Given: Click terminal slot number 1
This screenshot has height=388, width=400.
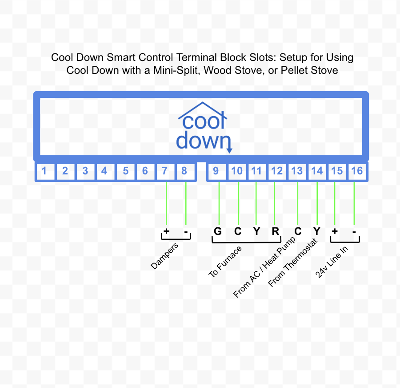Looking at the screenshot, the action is tap(44, 171).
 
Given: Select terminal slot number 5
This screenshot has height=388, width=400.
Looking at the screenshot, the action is tap(126, 171).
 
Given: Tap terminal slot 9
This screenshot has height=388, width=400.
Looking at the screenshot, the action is tap(216, 171).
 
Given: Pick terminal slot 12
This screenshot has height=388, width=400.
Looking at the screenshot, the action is tap(276, 171).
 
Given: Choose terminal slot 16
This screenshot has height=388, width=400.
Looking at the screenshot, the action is tap(356, 171).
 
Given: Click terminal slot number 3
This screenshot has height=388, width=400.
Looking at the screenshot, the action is tap(85, 171).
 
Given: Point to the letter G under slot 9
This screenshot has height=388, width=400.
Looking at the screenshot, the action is tap(217, 231).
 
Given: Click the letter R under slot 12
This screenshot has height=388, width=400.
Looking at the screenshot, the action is tap(276, 231).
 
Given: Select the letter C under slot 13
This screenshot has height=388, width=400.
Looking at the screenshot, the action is tap(298, 231).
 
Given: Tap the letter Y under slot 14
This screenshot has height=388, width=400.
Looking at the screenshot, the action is tap(317, 231).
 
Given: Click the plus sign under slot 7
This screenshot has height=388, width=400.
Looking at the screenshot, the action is tap(166, 231).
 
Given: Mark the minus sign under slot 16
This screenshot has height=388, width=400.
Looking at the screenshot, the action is tap(354, 232).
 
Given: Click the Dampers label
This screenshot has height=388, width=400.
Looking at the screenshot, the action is tap(164, 256).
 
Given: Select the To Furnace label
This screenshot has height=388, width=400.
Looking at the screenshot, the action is tap(225, 262).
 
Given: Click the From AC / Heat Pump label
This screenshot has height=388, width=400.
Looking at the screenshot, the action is tap(264, 268).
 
